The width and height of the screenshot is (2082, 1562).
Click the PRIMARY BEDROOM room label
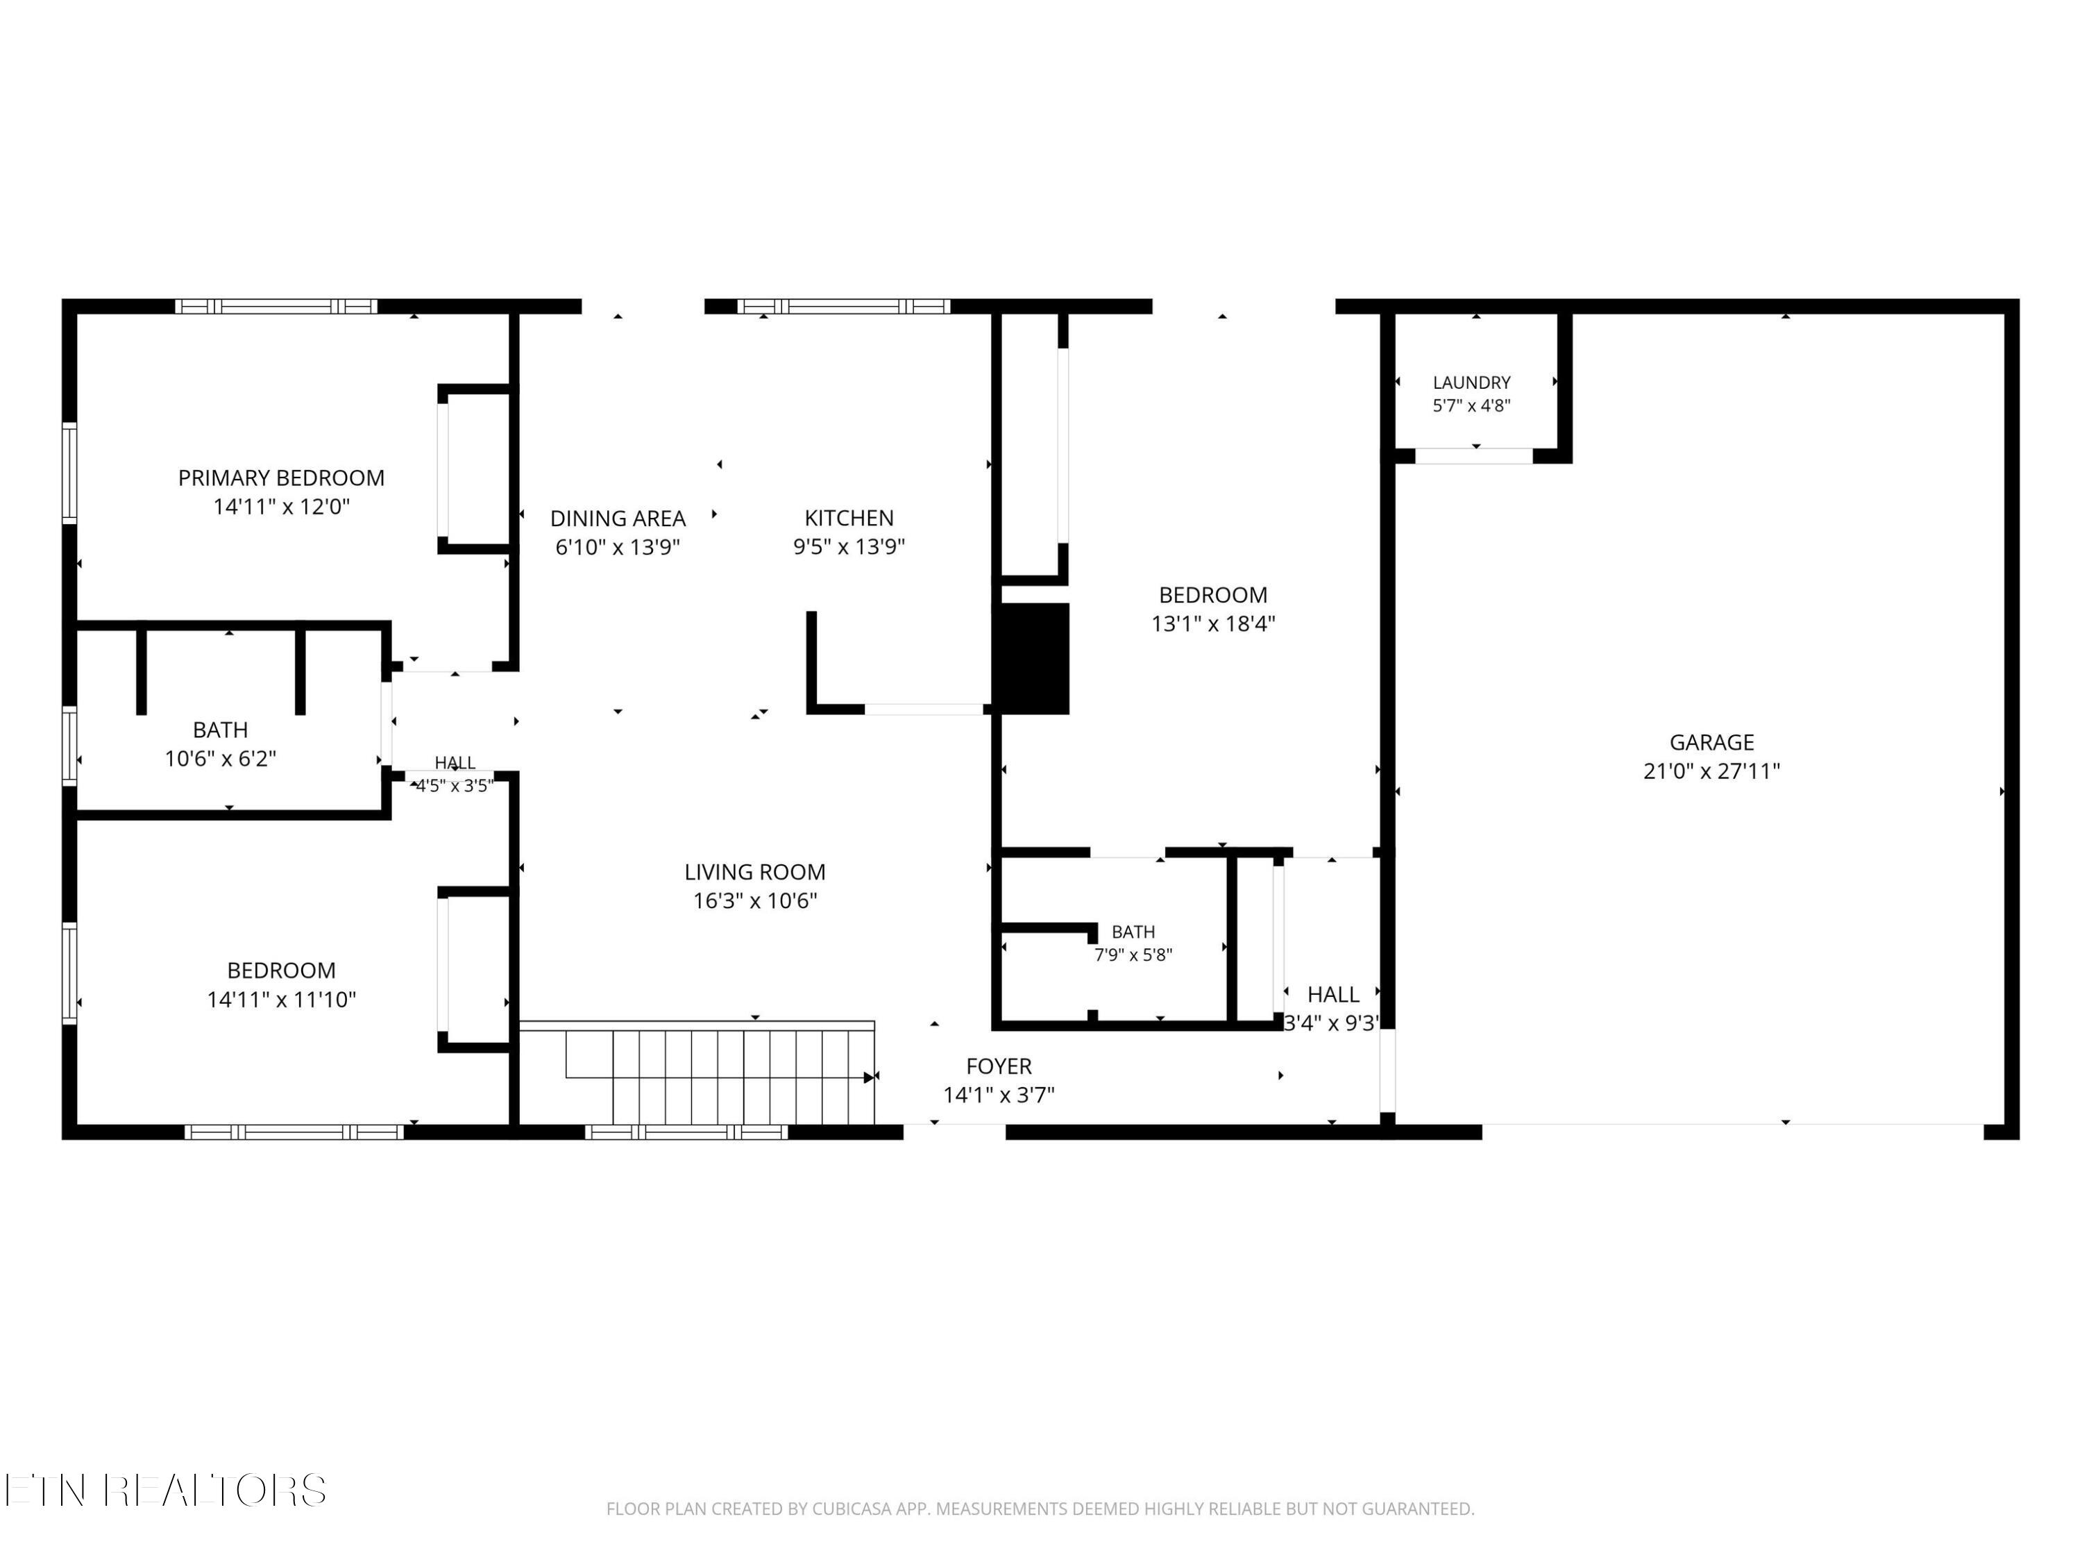click(282, 478)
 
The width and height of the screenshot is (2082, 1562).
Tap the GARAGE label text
click(1711, 742)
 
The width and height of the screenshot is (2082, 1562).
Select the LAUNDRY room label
click(1471, 383)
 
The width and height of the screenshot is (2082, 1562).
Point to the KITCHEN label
click(849, 518)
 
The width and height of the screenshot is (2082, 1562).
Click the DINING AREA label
click(618, 518)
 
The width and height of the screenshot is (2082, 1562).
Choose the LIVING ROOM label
click(755, 872)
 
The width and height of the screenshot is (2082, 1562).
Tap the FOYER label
click(999, 1066)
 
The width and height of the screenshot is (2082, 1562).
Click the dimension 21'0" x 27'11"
click(1711, 771)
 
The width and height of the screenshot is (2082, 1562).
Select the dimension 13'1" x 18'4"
click(1213, 623)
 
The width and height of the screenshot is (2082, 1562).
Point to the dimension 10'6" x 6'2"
click(220, 759)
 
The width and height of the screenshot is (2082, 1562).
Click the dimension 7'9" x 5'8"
click(1133, 955)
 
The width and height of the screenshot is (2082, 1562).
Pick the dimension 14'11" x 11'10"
click(282, 999)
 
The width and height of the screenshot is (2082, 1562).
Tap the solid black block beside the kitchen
click(1031, 658)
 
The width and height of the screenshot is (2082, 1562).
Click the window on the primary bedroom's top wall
click(276, 306)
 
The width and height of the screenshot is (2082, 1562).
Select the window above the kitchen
click(843, 306)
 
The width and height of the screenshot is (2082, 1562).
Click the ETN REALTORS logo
click(166, 1490)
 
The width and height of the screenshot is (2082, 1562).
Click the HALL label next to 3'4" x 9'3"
click(1332, 994)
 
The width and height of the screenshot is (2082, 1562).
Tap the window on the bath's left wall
click(69, 745)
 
